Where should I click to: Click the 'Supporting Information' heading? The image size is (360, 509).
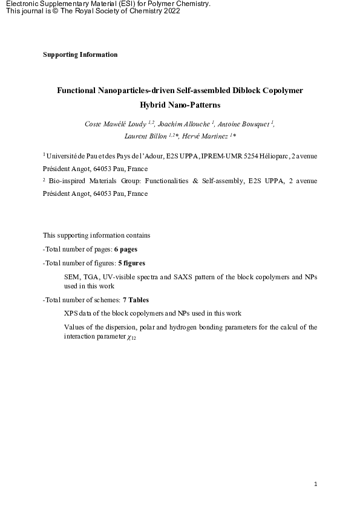(x=80, y=54)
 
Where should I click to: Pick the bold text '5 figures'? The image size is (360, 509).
(x=131, y=263)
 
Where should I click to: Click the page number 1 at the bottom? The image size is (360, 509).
(x=316, y=484)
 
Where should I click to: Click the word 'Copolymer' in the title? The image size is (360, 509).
(x=277, y=91)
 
